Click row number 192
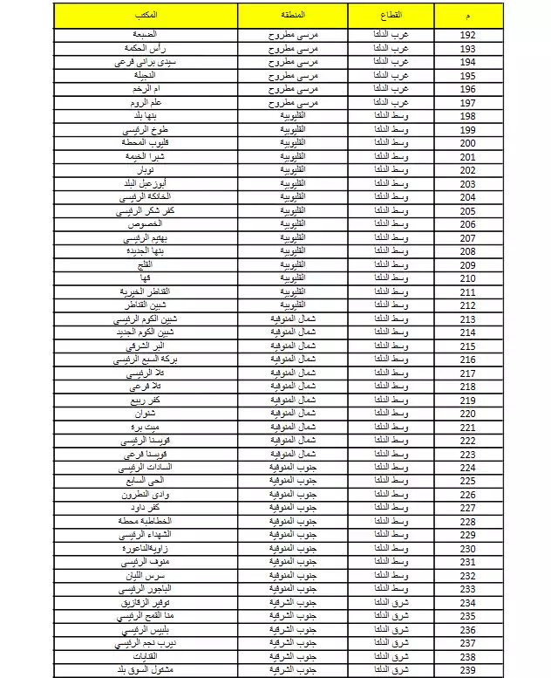(467, 35)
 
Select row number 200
(467, 143)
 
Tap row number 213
(467, 318)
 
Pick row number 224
(467, 467)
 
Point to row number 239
(467, 669)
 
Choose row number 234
(467, 602)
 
